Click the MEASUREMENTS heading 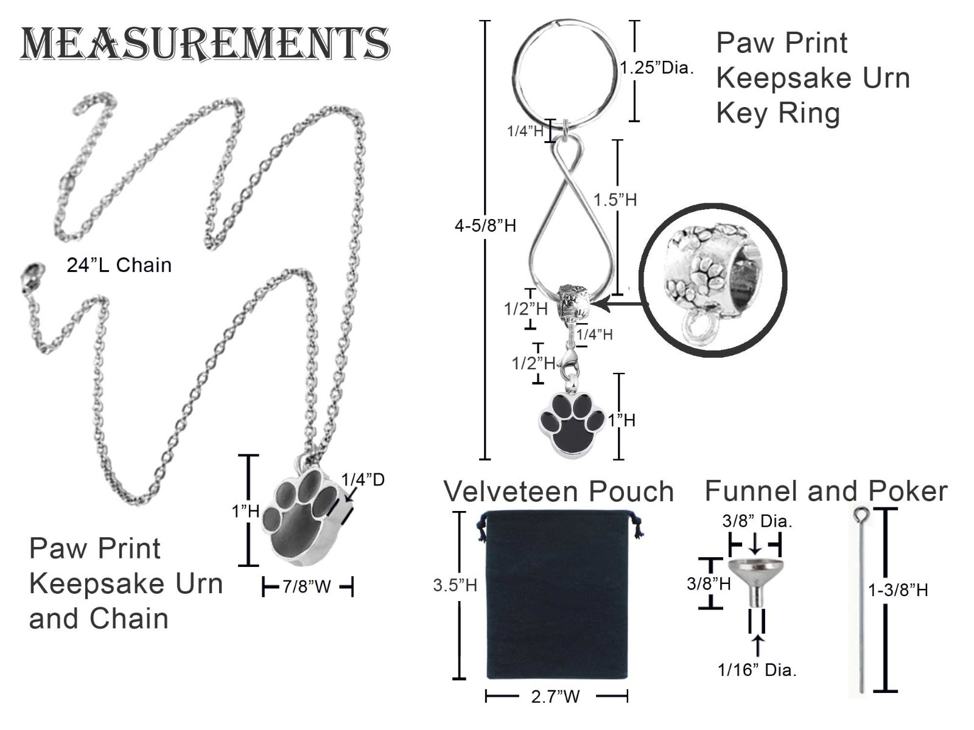click(205, 43)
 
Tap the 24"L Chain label click(119, 265)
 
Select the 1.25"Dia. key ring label click(656, 68)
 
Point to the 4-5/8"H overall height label click(485, 226)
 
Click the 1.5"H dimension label click(615, 200)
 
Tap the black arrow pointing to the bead click(618, 304)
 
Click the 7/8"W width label click(307, 586)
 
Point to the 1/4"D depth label click(363, 479)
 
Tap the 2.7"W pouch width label click(556, 697)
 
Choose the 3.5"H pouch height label click(455, 585)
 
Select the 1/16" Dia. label click(757, 670)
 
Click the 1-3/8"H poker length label click(898, 590)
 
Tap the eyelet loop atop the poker click(860, 515)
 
